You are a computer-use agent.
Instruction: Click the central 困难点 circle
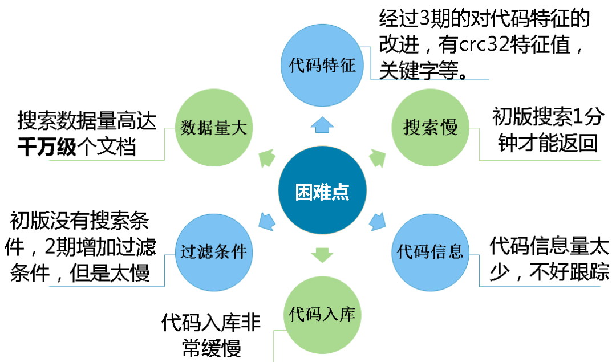pyautogui.click(x=322, y=190)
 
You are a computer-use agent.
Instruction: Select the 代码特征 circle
pyautogui.click(x=322, y=65)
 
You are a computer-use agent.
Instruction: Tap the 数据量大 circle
pyautogui.click(x=213, y=128)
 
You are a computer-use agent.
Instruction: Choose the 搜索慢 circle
pyautogui.click(x=430, y=128)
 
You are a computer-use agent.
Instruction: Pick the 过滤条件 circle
pyautogui.click(x=213, y=253)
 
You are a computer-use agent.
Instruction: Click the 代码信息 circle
pyautogui.click(x=430, y=253)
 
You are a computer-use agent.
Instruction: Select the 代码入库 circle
pyautogui.click(x=322, y=315)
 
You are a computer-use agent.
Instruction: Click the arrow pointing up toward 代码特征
pyautogui.click(x=322, y=125)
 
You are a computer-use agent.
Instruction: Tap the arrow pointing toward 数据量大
pyautogui.click(x=267, y=158)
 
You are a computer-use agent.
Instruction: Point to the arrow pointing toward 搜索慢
pyautogui.click(x=377, y=158)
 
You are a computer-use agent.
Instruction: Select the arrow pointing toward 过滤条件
pyautogui.click(x=267, y=221)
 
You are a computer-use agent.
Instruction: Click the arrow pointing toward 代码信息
pyautogui.click(x=377, y=221)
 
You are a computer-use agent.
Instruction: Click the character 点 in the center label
pyautogui.click(x=341, y=192)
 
